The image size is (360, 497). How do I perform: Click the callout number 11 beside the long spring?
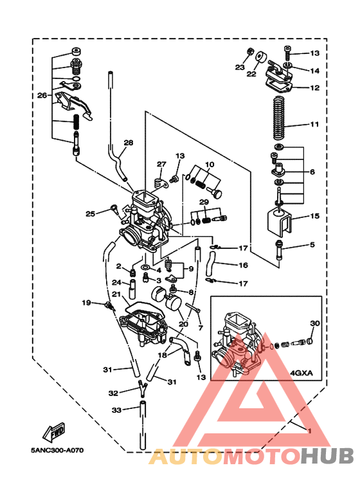tap(314, 123)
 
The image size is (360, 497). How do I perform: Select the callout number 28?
tap(128, 143)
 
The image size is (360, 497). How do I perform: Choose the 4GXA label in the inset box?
tap(301, 371)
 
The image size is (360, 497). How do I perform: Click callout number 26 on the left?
tap(42, 95)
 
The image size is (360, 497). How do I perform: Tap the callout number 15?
tap(314, 216)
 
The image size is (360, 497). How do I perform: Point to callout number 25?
tap(90, 213)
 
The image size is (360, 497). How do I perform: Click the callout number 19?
tap(85, 302)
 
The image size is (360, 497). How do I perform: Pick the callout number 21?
tap(116, 294)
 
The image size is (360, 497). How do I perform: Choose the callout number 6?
tap(312, 172)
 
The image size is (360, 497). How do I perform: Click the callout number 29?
tap(204, 203)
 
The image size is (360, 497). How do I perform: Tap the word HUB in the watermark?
tap(327, 456)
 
